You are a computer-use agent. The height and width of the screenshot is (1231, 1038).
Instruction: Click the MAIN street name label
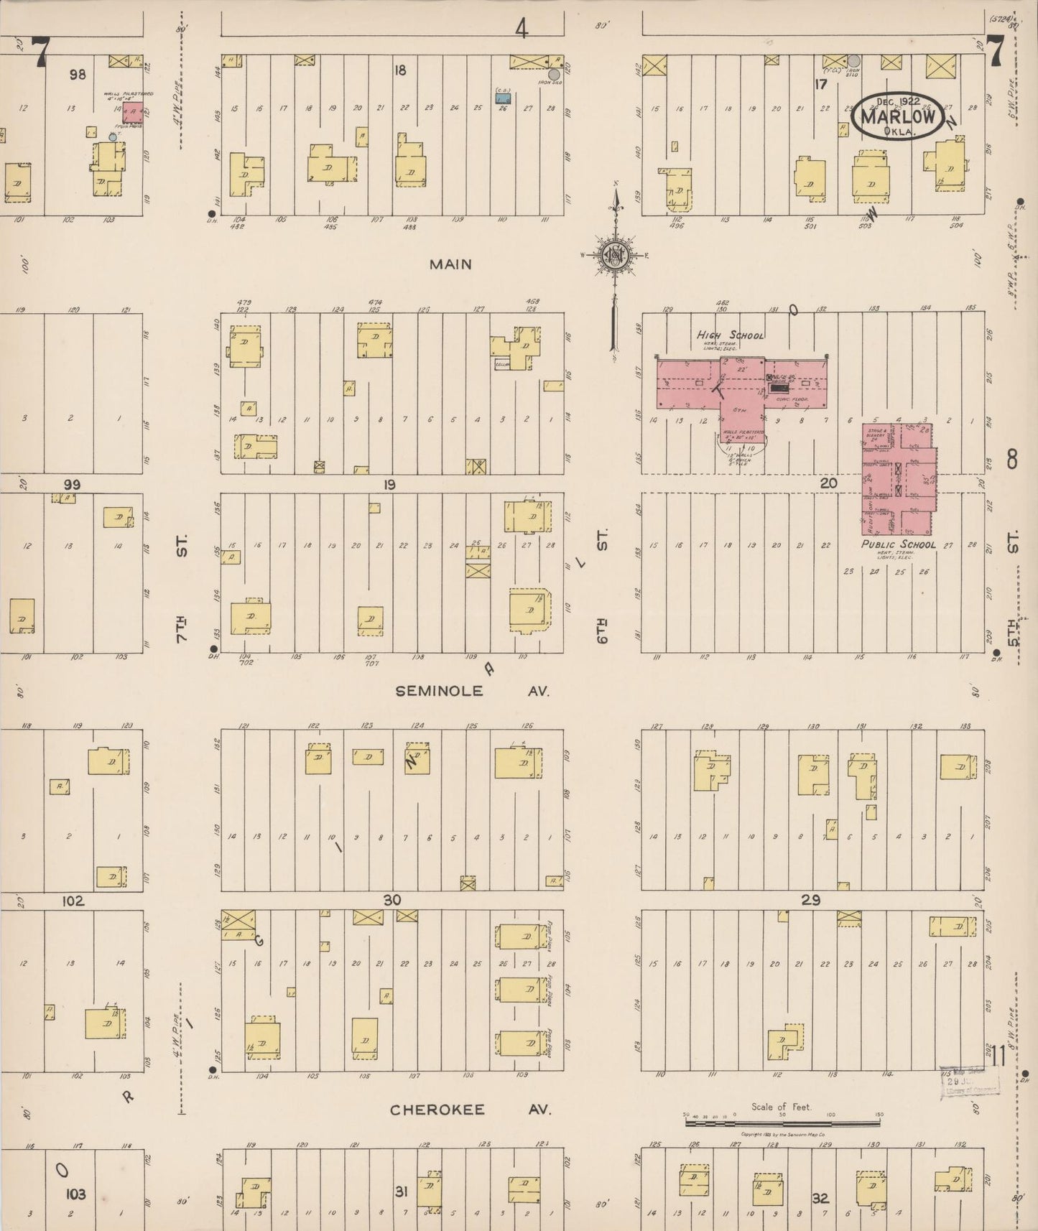(450, 264)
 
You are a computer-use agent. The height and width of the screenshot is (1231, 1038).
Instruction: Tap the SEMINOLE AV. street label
(472, 691)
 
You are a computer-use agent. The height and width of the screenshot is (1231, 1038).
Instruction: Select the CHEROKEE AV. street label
(470, 1110)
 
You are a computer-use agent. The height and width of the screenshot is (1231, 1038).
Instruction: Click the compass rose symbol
(615, 255)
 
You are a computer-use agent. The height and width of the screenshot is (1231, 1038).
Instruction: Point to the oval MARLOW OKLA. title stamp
(897, 115)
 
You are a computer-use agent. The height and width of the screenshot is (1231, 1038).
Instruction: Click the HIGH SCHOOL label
(730, 335)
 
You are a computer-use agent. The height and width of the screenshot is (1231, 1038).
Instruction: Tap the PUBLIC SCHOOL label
(898, 544)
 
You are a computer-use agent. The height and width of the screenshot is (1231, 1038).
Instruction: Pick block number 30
(391, 900)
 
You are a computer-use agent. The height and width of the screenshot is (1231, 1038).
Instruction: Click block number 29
(810, 900)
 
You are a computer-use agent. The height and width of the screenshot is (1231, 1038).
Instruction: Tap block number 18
(400, 70)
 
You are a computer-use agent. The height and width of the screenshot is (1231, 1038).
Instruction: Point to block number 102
(73, 901)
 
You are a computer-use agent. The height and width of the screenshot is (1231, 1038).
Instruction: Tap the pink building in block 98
(132, 112)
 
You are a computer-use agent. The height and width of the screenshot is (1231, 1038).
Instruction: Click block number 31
(402, 1192)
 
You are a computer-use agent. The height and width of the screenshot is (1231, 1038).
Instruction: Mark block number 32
(820, 1198)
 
